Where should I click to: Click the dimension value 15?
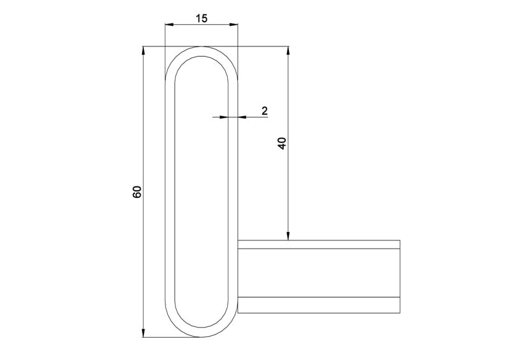pyautogui.click(x=201, y=18)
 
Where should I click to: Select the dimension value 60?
pyautogui.click(x=137, y=192)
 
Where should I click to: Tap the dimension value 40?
pyautogui.click(x=282, y=143)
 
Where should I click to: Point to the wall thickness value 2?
pyautogui.click(x=265, y=111)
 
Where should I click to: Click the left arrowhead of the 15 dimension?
pyautogui.click(x=169, y=24)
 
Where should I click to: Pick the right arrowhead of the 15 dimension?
pyautogui.click(x=234, y=24)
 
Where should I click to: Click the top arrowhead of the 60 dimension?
pyautogui.click(x=143, y=51)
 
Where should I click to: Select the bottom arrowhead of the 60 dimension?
pyautogui.click(x=143, y=333)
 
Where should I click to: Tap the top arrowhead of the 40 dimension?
pyautogui.click(x=288, y=51)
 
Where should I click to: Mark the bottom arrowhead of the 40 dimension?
pyautogui.click(x=288, y=236)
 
